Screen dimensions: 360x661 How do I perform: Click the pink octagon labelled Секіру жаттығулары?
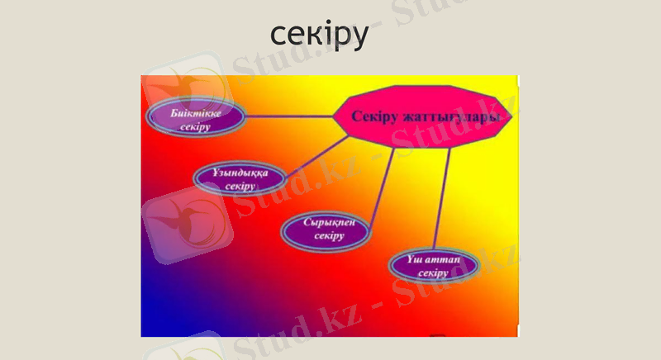click(x=426, y=116)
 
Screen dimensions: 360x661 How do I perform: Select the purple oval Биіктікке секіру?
click(x=195, y=119)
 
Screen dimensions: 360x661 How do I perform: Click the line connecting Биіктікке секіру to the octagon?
click(x=289, y=116)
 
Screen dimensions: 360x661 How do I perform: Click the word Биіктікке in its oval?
click(x=195, y=112)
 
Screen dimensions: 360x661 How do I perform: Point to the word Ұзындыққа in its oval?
click(x=240, y=173)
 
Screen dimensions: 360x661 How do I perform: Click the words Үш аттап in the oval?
click(x=432, y=259)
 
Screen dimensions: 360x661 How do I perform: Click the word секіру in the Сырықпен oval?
click(x=328, y=237)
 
